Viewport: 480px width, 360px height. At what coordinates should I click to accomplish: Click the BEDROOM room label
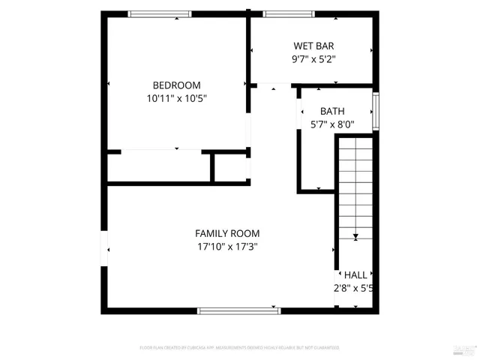(x=176, y=85)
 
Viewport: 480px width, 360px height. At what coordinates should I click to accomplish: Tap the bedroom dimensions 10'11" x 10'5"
(x=176, y=98)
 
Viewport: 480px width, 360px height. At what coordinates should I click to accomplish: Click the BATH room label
(x=332, y=111)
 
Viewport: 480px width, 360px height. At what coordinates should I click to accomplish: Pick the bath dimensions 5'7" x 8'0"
(x=332, y=124)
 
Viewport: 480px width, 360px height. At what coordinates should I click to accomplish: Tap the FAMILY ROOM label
(x=227, y=233)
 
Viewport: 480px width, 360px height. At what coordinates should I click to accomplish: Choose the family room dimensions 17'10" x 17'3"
(x=227, y=247)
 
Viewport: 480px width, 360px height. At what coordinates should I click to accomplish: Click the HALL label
(x=355, y=275)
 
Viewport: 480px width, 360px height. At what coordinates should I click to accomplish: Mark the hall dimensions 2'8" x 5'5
(x=354, y=288)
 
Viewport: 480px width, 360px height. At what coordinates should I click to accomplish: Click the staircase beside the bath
(x=355, y=187)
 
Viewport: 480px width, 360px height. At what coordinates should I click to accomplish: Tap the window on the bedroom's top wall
(x=160, y=13)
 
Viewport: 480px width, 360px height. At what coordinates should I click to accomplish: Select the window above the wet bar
(x=289, y=13)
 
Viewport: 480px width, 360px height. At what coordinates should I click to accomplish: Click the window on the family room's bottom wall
(x=238, y=310)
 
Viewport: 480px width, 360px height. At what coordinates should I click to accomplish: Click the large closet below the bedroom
(x=159, y=166)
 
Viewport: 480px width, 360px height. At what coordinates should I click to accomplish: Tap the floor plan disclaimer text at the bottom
(x=240, y=348)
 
